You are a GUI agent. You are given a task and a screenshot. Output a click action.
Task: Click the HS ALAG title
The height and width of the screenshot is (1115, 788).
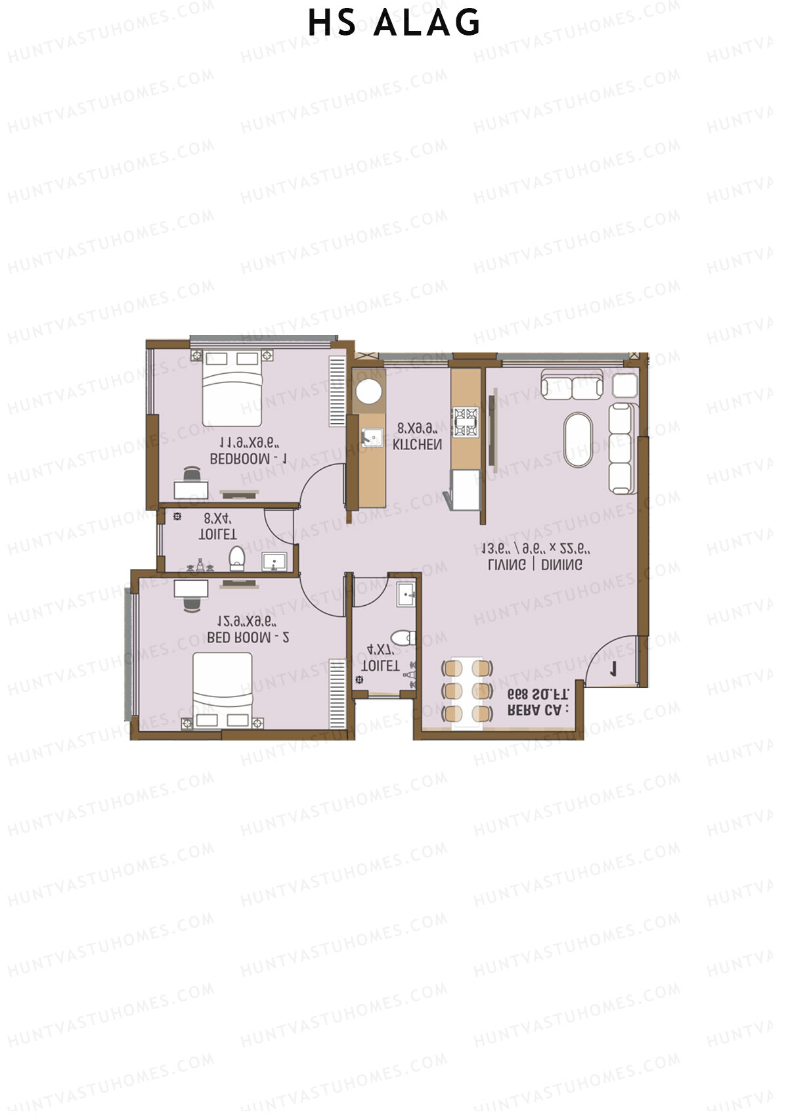point(394,24)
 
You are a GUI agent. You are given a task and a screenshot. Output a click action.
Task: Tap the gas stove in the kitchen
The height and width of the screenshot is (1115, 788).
point(466,421)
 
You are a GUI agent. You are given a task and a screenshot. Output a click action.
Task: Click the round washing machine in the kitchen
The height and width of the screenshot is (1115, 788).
point(368,392)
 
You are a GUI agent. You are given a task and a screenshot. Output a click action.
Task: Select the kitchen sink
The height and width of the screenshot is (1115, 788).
point(372,437)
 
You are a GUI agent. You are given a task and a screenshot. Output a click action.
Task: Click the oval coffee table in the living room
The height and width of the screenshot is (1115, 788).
point(578,440)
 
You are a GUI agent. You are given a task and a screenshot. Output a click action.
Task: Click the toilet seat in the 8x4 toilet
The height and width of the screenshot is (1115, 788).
point(237,558)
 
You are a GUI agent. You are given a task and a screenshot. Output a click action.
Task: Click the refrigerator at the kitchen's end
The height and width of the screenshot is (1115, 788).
point(465,490)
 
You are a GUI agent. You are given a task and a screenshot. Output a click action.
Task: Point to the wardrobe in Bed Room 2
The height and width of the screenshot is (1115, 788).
point(338,694)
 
